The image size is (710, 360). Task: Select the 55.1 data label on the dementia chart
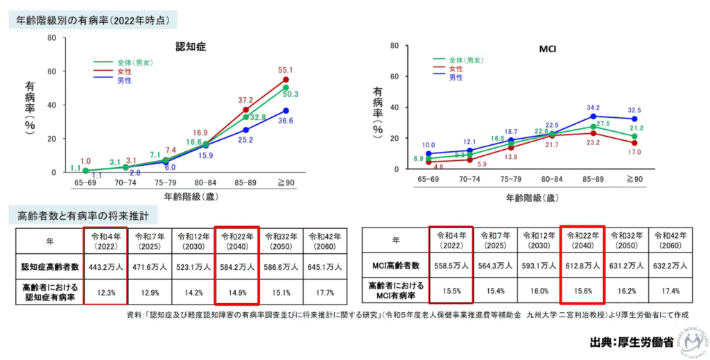point(285,70)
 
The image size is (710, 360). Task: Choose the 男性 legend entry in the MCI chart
point(456,78)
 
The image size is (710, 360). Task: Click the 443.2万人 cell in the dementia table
point(105,266)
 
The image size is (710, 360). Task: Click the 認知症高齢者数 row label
point(48,266)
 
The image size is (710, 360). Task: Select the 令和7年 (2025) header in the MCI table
point(495,240)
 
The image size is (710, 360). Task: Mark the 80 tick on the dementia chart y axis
point(51,37)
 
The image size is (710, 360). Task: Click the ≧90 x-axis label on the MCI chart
point(634,179)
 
